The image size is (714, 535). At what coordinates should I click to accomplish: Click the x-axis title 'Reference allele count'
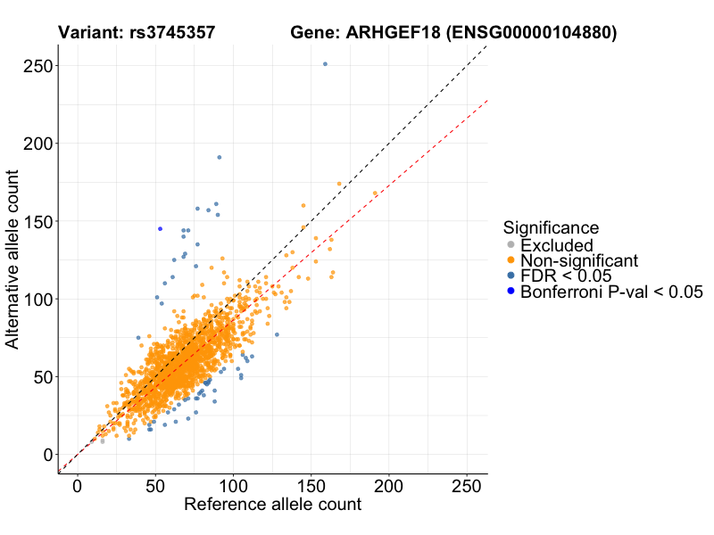pos(272,505)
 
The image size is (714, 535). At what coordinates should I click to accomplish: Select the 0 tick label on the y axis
pos(47,455)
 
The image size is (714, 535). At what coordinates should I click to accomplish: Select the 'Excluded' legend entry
pos(557,245)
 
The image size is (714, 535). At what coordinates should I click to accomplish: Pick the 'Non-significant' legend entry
pos(579,260)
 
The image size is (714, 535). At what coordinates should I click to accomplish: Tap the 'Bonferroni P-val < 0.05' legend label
pos(612,292)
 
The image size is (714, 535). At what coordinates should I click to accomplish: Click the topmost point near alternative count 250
pos(325,64)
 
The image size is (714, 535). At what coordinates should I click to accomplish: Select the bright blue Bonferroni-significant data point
pos(160,229)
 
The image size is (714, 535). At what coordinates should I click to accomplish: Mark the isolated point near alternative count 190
pos(219,158)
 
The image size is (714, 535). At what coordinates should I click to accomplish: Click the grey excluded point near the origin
pos(103,441)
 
